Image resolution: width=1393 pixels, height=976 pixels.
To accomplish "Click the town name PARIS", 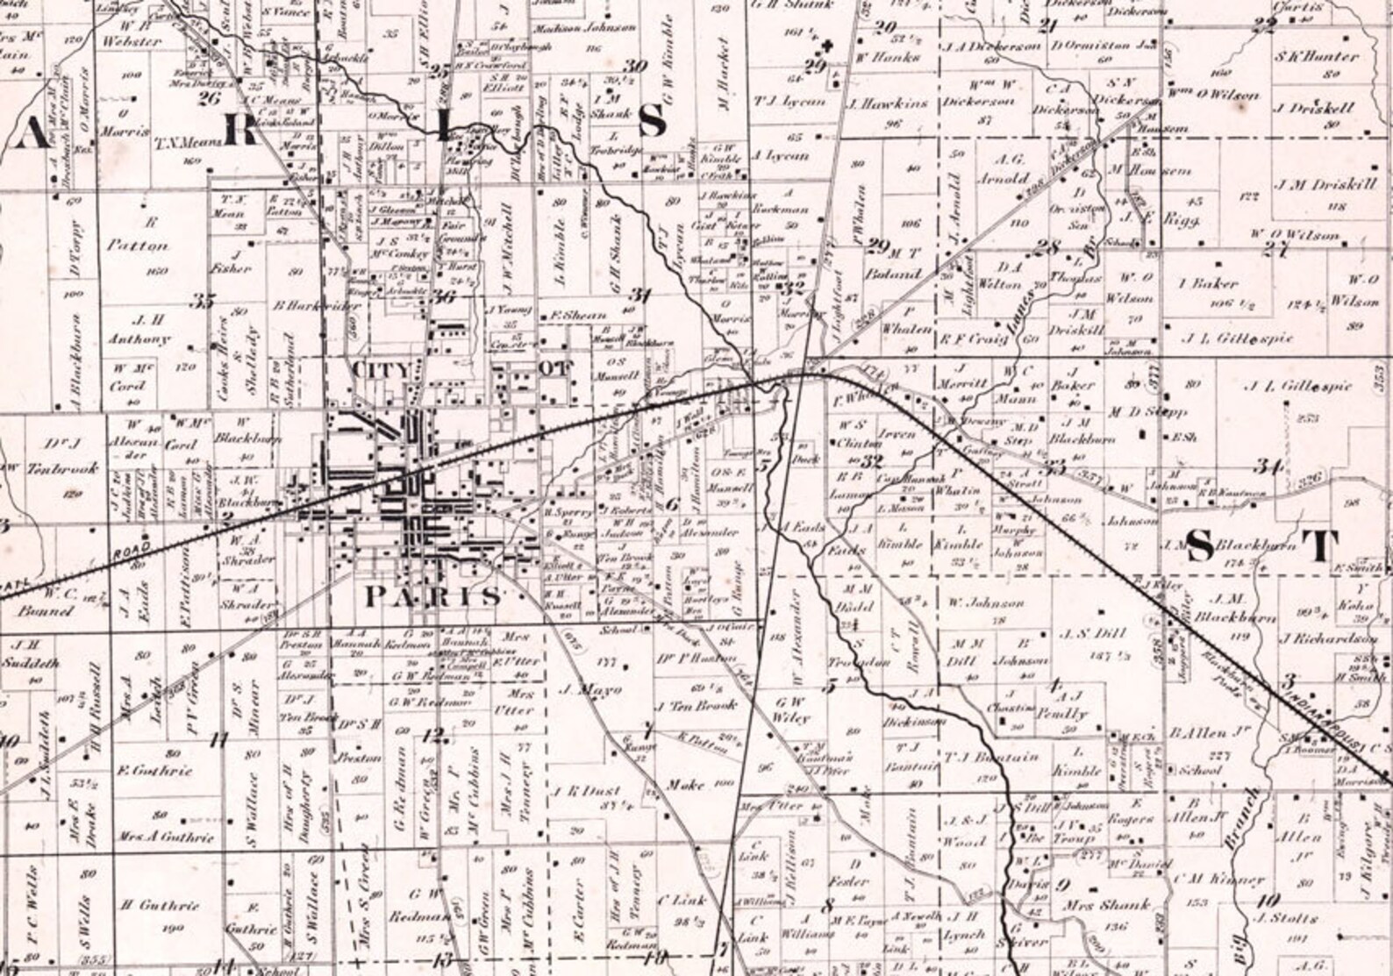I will [433, 596].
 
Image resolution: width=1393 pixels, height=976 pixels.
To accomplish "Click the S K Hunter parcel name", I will [1317, 56].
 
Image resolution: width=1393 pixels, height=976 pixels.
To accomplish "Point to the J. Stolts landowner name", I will [1287, 918].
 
